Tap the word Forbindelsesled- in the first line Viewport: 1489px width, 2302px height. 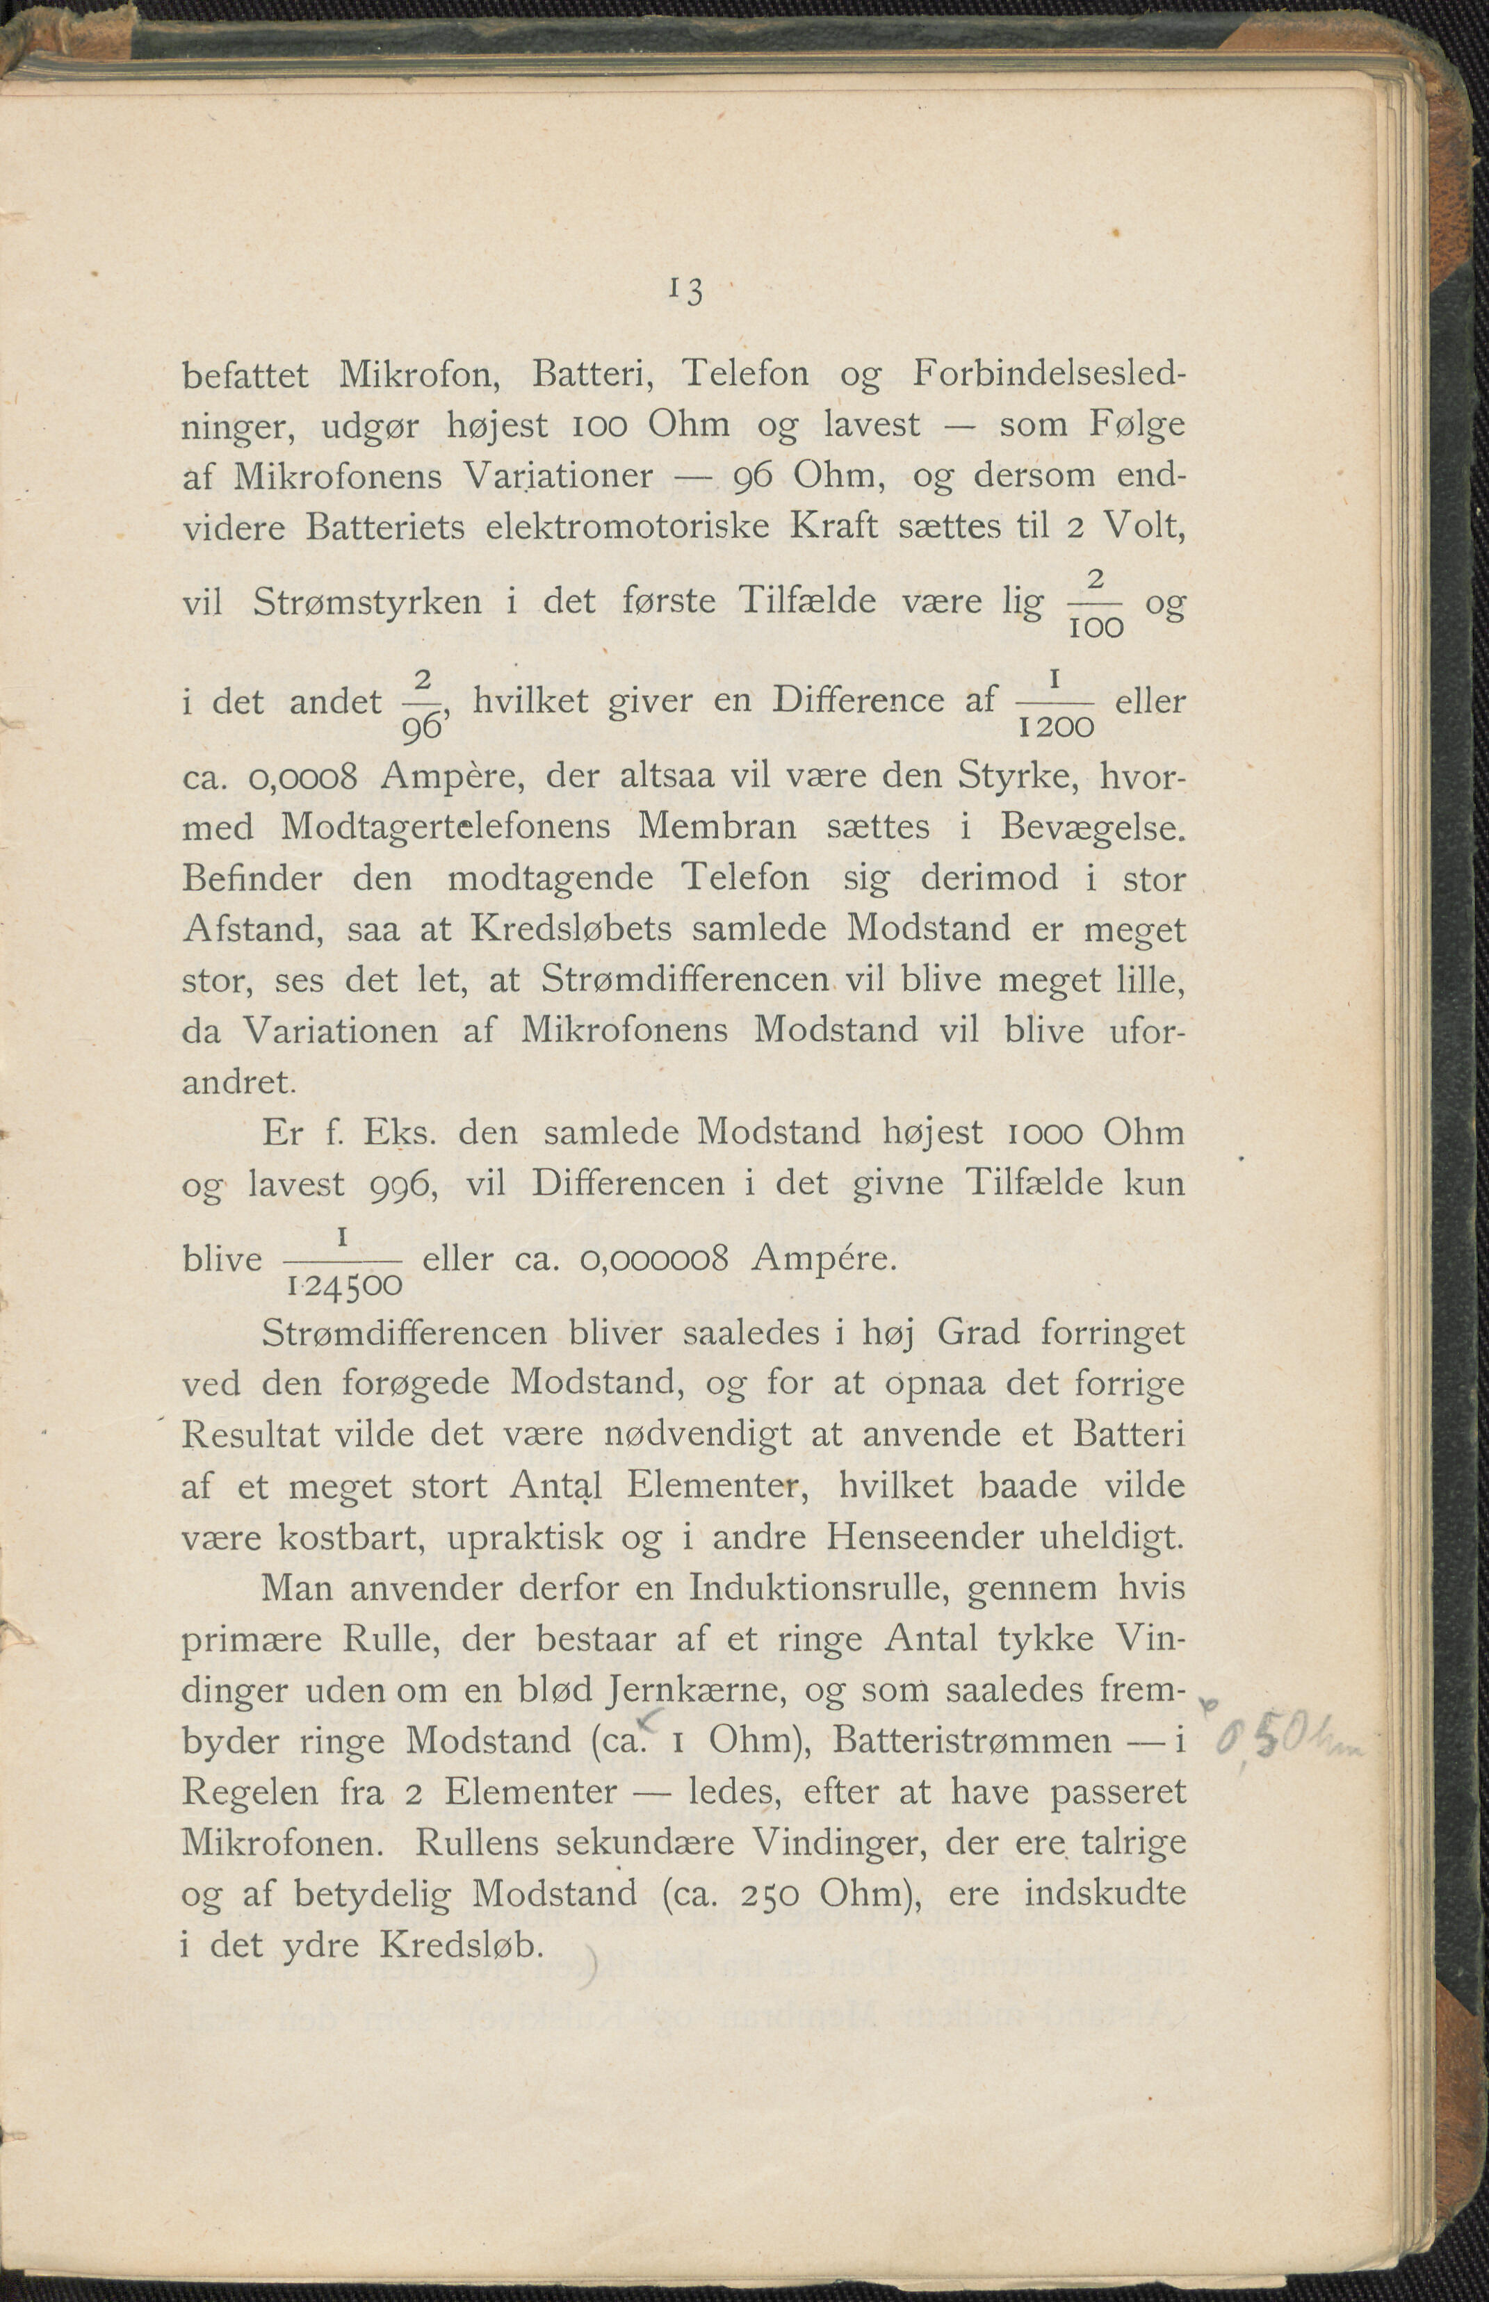(x=1049, y=374)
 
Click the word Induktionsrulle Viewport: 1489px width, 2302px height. (x=818, y=1588)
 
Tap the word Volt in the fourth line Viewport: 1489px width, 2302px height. (x=1144, y=527)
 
